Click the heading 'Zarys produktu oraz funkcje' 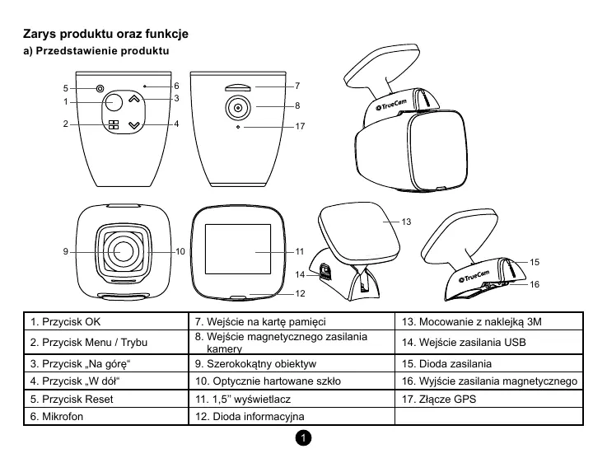pyautogui.click(x=105, y=35)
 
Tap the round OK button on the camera pyautogui.click(x=113, y=102)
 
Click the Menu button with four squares pyautogui.click(x=113, y=126)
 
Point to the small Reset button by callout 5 pyautogui.click(x=100, y=88)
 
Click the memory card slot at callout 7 pyautogui.click(x=236, y=85)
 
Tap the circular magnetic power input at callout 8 pyautogui.click(x=237, y=107)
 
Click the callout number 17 pyautogui.click(x=299, y=127)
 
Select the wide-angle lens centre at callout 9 pyautogui.click(x=125, y=250)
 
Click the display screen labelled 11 pyautogui.click(x=237, y=250)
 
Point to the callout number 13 pyautogui.click(x=406, y=222)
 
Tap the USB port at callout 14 pyautogui.click(x=324, y=273)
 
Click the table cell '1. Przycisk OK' pyautogui.click(x=106, y=320)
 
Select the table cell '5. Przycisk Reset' pyautogui.click(x=106, y=399)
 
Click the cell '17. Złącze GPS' pyautogui.click(x=489, y=399)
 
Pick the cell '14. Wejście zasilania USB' pyautogui.click(x=489, y=341)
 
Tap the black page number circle pyautogui.click(x=304, y=437)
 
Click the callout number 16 pyautogui.click(x=535, y=284)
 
